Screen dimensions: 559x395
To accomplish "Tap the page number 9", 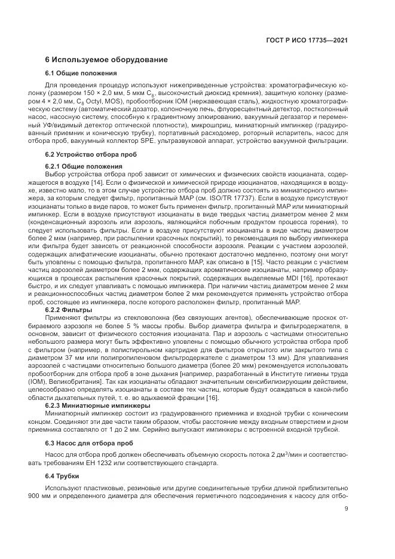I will coord(346,509).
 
